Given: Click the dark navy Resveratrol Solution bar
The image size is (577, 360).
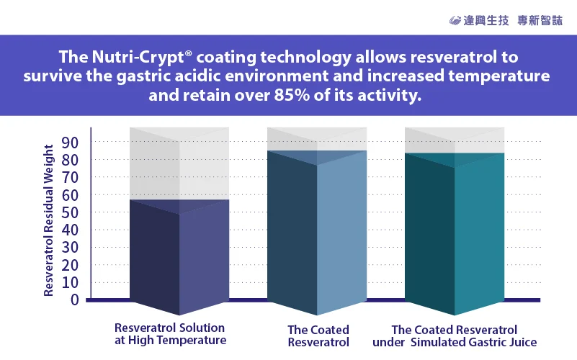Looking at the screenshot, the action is click(x=179, y=257).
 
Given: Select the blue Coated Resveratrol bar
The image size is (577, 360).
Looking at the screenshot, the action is click(x=317, y=233).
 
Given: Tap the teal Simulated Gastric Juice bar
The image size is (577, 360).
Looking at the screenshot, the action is click(x=455, y=234).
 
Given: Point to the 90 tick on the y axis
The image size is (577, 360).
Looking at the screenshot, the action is click(x=70, y=143).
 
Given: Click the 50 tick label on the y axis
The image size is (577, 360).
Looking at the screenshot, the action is click(x=70, y=212).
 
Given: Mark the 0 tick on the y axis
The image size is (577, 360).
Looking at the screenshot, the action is click(x=75, y=300).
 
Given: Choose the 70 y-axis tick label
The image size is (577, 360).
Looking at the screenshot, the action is click(x=70, y=178).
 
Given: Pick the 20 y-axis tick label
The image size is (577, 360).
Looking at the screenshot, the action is click(x=70, y=265).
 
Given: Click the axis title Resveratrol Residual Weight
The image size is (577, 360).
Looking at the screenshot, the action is click(x=48, y=220).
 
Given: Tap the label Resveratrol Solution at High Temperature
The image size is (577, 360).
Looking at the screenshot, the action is click(x=170, y=334).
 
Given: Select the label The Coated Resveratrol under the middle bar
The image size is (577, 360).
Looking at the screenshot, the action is click(x=318, y=336).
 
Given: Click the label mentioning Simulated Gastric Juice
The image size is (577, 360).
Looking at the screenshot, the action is click(x=455, y=336).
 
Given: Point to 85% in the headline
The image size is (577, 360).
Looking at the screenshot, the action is click(x=292, y=95).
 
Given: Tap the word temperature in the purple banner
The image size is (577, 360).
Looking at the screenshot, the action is click(x=499, y=76).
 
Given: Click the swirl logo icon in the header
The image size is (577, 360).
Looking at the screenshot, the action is click(x=455, y=21).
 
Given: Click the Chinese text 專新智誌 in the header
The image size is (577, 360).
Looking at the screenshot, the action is click(x=540, y=21).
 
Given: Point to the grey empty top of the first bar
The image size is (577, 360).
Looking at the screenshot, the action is click(x=179, y=163).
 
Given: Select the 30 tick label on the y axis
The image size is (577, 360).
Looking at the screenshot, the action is click(x=70, y=248).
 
